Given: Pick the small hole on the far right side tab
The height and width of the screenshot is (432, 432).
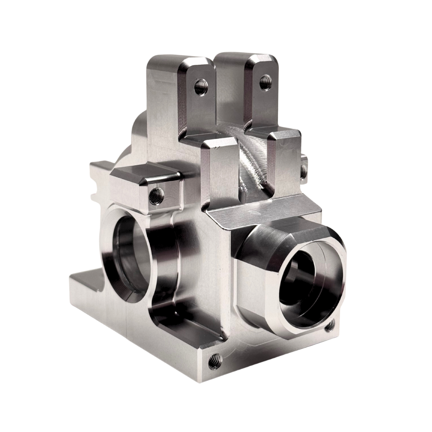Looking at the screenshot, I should click(304, 171).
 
